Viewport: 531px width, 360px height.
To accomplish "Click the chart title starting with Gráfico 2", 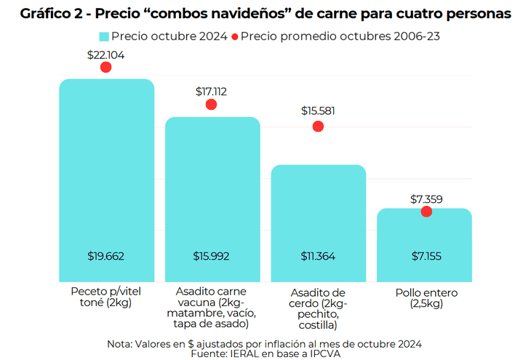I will point(265,14).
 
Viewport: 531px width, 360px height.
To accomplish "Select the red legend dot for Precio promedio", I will point(234,36).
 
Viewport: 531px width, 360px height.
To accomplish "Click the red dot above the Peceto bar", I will point(106,67).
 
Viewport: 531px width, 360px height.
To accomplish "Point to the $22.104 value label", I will point(106,54).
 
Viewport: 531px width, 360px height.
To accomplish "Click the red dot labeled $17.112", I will point(212,105).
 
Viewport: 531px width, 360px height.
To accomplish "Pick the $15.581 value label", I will point(318,111).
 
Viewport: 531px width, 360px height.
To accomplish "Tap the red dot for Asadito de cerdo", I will point(318,127).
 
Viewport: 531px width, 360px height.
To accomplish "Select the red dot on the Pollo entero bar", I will point(426,212).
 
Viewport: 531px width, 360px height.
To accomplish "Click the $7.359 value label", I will point(426,199).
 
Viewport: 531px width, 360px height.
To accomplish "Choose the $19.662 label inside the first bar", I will point(106,256).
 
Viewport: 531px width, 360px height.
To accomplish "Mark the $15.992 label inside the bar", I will point(212,256).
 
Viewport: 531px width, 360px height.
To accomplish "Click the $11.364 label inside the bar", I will point(318,256).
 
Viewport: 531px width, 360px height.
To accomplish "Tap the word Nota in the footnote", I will point(121,343).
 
